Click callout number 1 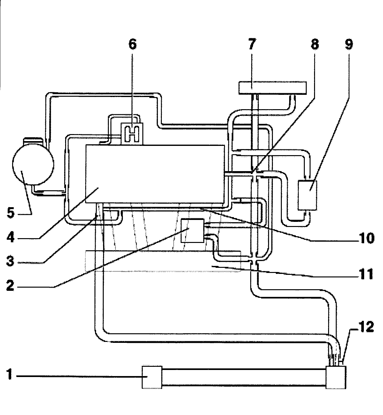(10, 374)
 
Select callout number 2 (10, 286)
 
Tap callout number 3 (10, 261)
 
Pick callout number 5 (11, 213)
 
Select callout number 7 (252, 44)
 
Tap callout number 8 (315, 44)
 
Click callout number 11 (366, 274)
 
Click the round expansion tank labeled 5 (33, 162)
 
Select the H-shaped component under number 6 (132, 133)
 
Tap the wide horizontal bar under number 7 (273, 88)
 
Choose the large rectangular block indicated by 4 (155, 174)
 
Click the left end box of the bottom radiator (152, 377)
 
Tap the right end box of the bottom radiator (336, 377)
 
